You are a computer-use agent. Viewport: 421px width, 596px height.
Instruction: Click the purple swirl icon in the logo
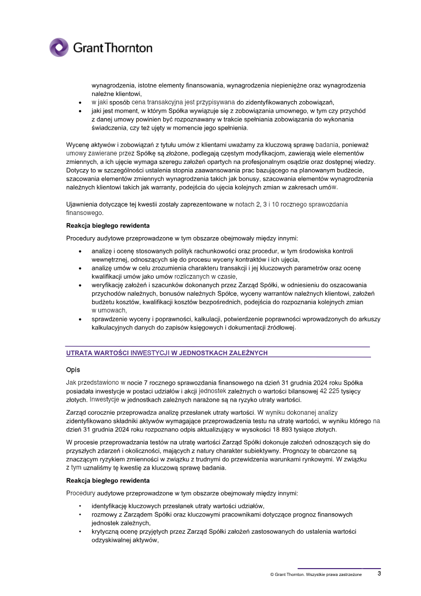59,47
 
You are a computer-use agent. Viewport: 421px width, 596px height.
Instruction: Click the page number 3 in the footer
379,574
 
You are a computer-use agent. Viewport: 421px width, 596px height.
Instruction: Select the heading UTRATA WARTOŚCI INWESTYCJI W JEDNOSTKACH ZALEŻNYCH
167,353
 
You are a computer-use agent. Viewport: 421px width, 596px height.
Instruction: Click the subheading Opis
73,370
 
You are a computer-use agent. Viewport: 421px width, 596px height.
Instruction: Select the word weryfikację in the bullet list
109,285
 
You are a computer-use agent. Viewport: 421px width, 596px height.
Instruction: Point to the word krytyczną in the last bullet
108,532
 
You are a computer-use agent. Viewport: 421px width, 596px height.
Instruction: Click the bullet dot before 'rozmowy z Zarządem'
80,515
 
